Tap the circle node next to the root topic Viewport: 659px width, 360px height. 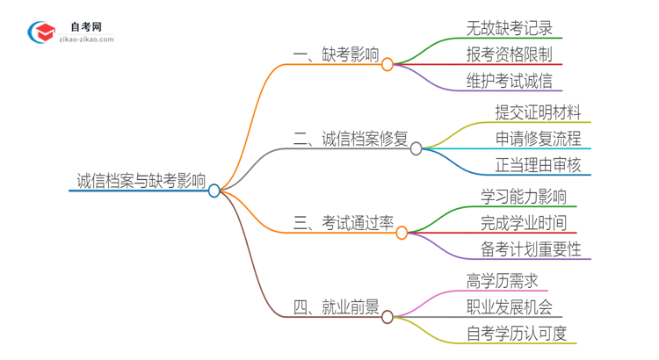214,191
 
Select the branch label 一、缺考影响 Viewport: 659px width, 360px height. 337,55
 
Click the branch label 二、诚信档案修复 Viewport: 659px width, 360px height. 351,139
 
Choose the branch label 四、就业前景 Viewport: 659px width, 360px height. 337,307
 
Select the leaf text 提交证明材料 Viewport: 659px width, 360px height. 538,112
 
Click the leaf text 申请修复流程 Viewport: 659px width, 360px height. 538,139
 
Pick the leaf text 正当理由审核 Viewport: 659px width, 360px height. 538,165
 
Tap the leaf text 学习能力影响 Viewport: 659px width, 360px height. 524,196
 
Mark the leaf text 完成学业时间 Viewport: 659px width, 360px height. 524,223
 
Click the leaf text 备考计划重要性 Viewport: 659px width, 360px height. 531,249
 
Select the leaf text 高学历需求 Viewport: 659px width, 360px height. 503,280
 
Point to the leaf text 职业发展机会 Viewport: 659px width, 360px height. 510,307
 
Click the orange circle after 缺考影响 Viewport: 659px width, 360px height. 387,64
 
